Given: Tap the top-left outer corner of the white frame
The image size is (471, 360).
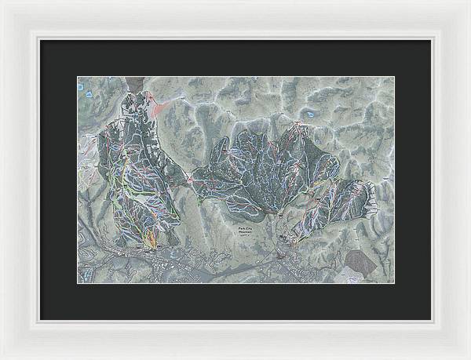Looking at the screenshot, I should (x=1, y=1).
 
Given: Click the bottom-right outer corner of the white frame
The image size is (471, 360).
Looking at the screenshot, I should (x=469, y=358).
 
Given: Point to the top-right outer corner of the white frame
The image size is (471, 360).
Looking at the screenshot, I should (x=469, y=1).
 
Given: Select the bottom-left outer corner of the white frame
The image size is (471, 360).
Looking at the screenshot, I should (x=1, y=358).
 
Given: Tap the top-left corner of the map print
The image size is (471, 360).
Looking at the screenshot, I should (x=77, y=77).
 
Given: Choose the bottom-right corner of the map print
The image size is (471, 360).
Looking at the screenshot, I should (x=394, y=283).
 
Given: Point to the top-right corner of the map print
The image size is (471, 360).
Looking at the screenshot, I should (x=394, y=77).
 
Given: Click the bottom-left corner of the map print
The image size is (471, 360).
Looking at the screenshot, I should (x=77, y=283).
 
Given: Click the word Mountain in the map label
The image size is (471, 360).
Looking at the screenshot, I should (x=248, y=233).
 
